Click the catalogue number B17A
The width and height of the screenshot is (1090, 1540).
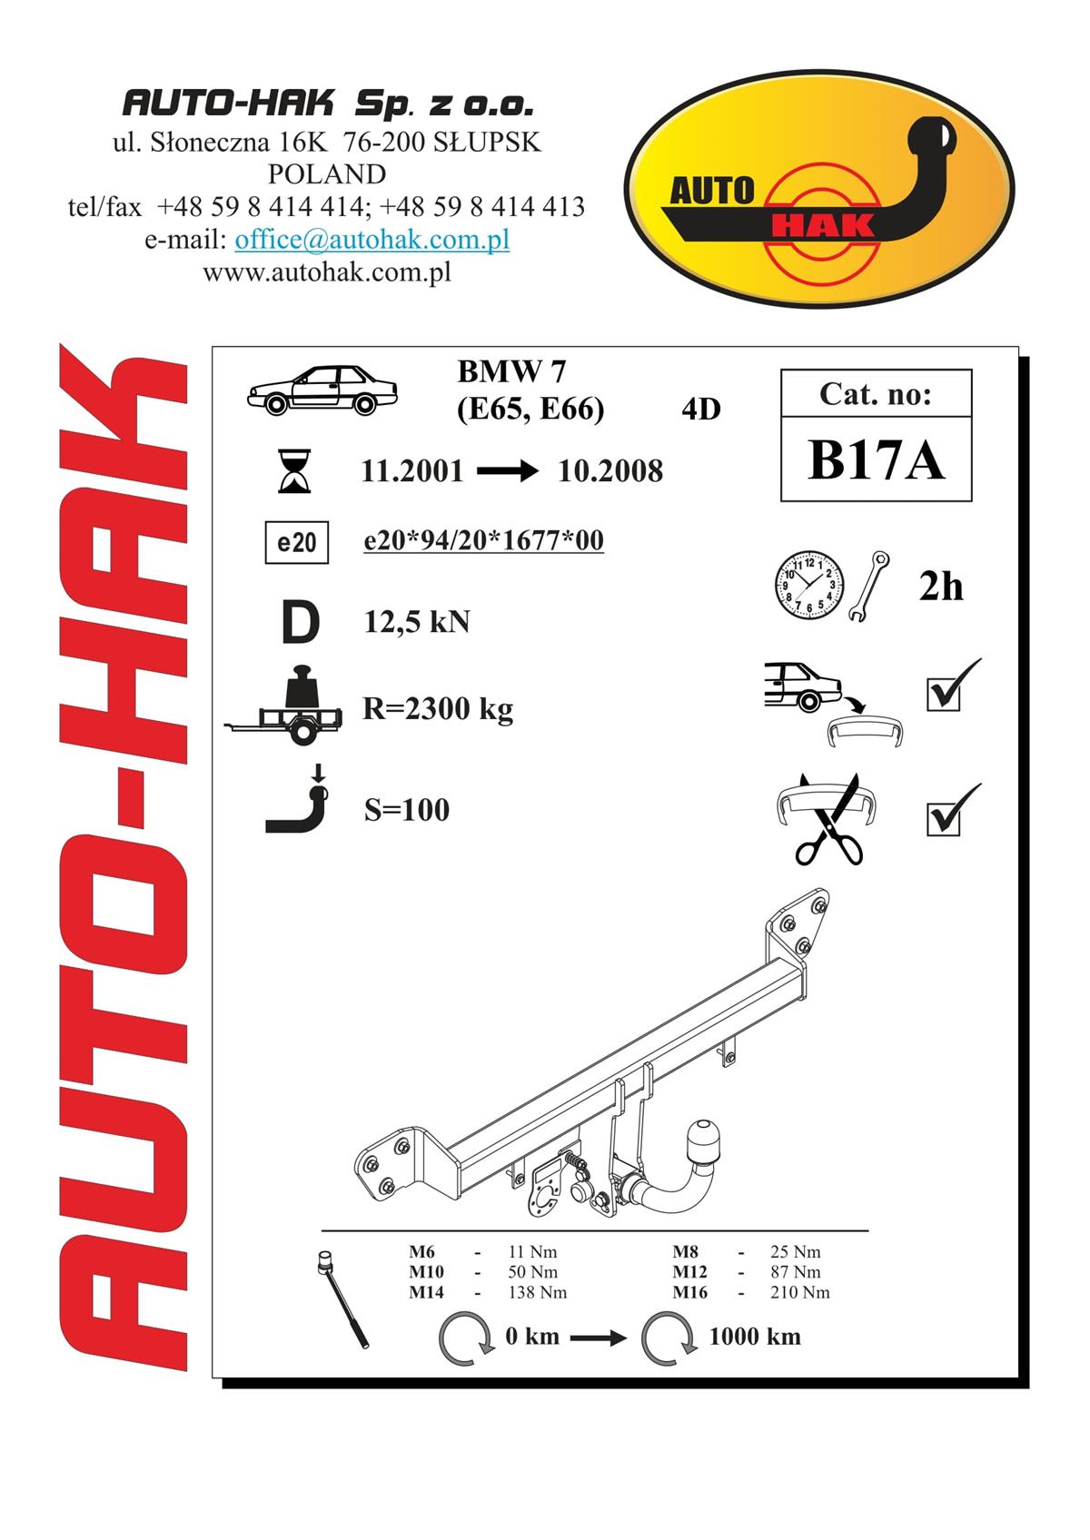pyautogui.click(x=877, y=459)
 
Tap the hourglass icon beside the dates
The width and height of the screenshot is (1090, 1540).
pyautogui.click(x=294, y=471)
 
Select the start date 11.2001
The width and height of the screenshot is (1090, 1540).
pyautogui.click(x=412, y=471)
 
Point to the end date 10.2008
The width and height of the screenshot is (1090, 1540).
pyautogui.click(x=610, y=471)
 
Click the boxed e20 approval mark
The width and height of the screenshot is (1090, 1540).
pyautogui.click(x=297, y=543)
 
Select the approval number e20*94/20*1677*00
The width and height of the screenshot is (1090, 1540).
pyautogui.click(x=483, y=540)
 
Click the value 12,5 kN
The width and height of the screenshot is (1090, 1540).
pyautogui.click(x=417, y=622)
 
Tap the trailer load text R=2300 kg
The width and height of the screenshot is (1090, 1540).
pyautogui.click(x=438, y=709)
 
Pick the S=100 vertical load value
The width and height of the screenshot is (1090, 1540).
pyautogui.click(x=406, y=810)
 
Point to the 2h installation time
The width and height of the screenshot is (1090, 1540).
pyautogui.click(x=941, y=587)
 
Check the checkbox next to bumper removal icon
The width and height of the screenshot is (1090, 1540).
pyautogui.click(x=943, y=695)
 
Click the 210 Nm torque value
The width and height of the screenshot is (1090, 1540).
pyautogui.click(x=800, y=1292)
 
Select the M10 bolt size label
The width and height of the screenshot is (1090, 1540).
pyautogui.click(x=426, y=1272)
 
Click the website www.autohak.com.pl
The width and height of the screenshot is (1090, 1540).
pyautogui.click(x=327, y=273)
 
